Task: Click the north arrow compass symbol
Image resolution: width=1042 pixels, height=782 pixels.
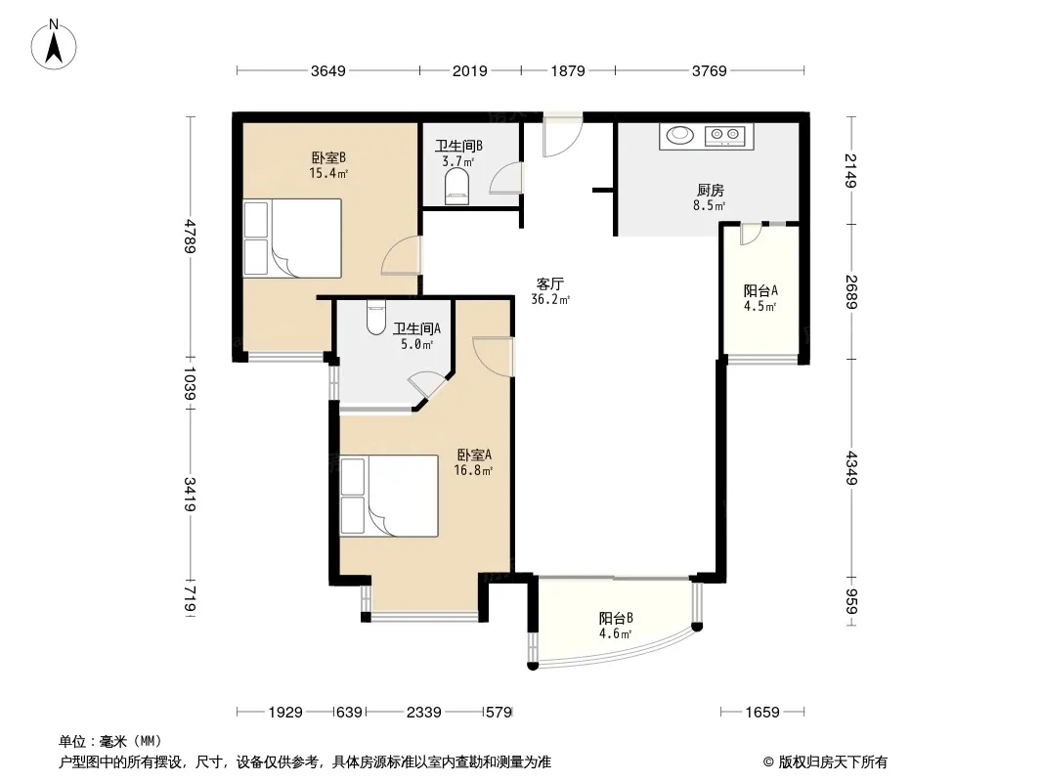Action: point(54,45)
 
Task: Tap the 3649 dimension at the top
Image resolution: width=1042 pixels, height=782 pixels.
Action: point(328,71)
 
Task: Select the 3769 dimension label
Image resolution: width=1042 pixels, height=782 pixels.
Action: point(709,71)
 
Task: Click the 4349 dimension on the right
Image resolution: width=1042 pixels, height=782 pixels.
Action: point(851,468)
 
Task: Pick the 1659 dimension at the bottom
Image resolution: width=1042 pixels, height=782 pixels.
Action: point(761,713)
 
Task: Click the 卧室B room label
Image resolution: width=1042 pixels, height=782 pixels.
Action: point(328,158)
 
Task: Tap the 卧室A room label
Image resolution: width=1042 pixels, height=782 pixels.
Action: point(474,456)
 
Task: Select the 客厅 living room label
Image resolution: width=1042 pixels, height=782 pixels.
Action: point(549,283)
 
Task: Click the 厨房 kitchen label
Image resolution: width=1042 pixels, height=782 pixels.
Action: point(710,191)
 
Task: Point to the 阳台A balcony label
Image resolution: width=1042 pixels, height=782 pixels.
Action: point(760,291)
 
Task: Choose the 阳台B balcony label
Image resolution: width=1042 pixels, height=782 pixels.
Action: point(616,618)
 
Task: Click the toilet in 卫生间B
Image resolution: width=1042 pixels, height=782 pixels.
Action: point(456,186)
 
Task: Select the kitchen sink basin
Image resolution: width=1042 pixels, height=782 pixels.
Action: point(679,135)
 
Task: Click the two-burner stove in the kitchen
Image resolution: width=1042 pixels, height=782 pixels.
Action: point(725,136)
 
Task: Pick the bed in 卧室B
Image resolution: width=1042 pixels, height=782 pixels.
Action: point(292,238)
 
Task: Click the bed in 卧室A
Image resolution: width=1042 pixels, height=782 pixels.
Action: point(389,496)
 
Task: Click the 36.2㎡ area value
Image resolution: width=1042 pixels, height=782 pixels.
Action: point(550,300)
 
